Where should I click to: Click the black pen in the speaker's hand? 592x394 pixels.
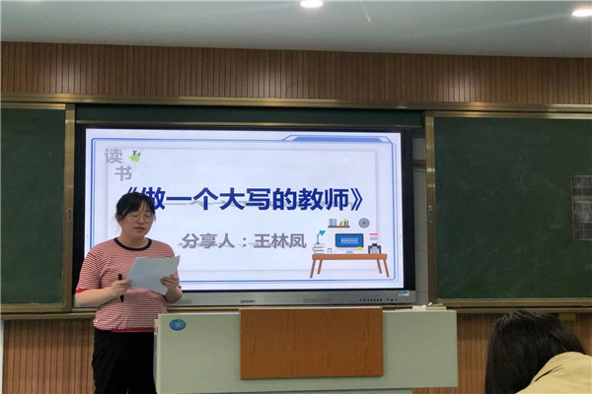120,288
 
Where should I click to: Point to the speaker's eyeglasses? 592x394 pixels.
140,217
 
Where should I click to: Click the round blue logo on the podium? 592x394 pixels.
178,325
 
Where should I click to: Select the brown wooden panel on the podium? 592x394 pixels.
312,343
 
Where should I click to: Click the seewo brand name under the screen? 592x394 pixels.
248,300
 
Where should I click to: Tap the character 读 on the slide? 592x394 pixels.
113,157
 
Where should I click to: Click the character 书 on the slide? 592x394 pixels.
123,173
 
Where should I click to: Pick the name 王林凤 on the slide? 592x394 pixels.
280,241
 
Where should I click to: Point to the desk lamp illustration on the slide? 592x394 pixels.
319,241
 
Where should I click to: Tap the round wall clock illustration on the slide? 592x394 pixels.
364,223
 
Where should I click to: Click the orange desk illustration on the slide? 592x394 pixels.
349,265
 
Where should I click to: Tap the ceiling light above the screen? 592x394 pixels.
312,3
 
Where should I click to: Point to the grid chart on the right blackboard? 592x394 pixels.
582,208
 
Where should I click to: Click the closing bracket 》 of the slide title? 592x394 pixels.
357,199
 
